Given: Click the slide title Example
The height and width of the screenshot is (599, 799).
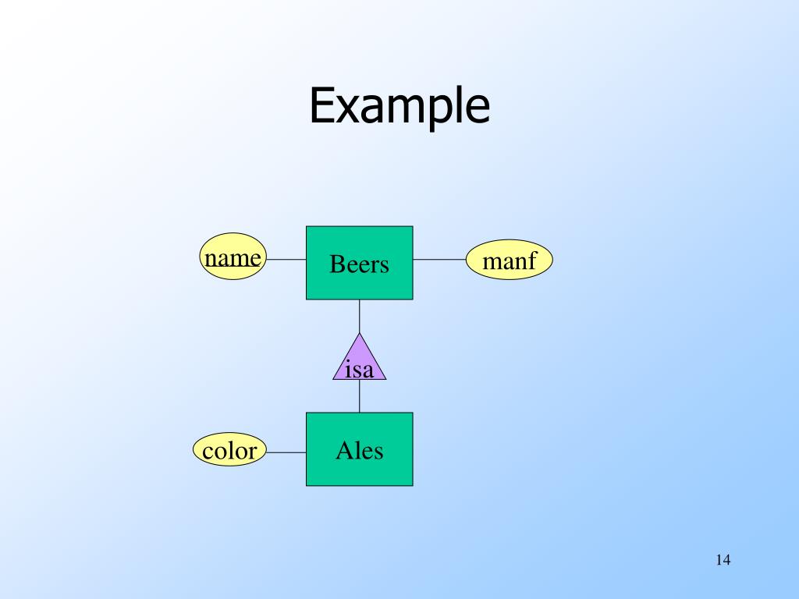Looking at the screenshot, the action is tap(399, 106).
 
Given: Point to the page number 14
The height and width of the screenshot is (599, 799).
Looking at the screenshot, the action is tap(722, 560).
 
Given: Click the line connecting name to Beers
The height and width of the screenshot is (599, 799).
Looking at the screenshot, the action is tap(286, 260).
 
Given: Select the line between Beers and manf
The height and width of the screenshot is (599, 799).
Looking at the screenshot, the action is tap(439, 260).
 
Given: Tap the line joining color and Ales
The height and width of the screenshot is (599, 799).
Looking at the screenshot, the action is tap(286, 452).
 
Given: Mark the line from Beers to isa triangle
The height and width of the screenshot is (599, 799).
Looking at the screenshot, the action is tap(360, 316).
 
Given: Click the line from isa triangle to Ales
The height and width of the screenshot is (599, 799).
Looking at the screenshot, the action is tap(360, 396).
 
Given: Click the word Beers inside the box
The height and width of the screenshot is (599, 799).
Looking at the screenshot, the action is tap(359, 264).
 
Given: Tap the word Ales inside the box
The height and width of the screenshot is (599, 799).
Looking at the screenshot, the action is tap(359, 450).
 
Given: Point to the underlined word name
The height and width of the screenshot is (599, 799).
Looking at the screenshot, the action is tap(233, 258).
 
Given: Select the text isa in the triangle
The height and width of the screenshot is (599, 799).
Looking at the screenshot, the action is tap(360, 368).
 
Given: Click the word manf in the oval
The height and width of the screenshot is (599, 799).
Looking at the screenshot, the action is tap(510, 261).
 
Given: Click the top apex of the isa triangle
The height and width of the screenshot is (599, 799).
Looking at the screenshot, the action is tap(360, 335).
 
